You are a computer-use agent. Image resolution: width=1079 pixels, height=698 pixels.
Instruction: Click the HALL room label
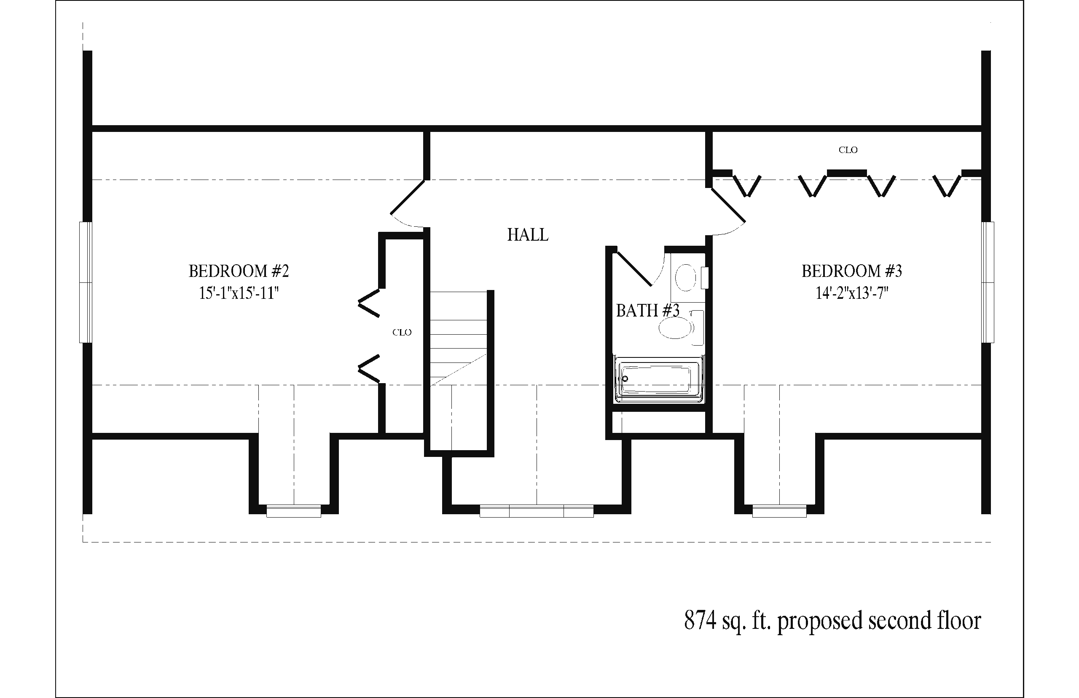(x=528, y=235)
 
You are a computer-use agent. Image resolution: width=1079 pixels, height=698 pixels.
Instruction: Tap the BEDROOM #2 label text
(x=239, y=271)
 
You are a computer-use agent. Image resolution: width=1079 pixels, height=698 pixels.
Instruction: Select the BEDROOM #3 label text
(x=851, y=271)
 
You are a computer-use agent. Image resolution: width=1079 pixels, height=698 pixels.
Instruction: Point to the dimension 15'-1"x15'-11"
(x=239, y=293)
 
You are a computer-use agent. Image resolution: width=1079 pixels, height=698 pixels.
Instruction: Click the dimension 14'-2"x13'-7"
(x=851, y=293)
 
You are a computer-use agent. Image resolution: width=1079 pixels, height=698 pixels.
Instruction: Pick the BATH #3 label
(x=647, y=311)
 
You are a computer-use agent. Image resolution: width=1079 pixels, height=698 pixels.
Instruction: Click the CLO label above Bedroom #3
(x=848, y=150)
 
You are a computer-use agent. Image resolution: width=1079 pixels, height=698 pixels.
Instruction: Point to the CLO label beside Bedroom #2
(x=402, y=332)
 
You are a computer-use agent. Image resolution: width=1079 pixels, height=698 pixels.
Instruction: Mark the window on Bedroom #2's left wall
(x=86, y=282)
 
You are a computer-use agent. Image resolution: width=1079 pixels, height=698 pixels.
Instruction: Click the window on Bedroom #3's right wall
(x=988, y=282)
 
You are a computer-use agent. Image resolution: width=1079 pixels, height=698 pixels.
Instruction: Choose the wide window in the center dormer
(x=537, y=511)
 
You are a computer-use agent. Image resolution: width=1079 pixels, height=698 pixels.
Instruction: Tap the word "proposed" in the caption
(x=820, y=622)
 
